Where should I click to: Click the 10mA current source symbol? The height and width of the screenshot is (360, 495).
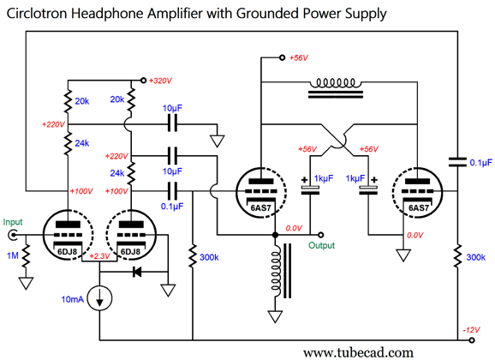click(x=99, y=298)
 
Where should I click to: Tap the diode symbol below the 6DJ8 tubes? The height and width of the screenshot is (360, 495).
click(x=137, y=272)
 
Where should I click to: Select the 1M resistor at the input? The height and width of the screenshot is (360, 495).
click(x=26, y=255)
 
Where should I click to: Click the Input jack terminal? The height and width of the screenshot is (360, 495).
click(x=13, y=235)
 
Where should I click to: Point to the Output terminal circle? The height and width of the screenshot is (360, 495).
click(x=320, y=235)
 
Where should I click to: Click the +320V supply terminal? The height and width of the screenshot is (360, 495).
click(x=143, y=81)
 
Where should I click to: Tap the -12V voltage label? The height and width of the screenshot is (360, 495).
click(x=471, y=330)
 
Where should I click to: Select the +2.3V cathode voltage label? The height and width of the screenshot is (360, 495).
click(x=99, y=256)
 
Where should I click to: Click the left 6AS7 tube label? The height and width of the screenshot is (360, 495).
click(x=260, y=207)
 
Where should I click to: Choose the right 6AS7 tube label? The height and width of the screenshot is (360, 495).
click(x=419, y=207)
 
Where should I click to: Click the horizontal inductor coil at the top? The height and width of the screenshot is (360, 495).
click(x=336, y=83)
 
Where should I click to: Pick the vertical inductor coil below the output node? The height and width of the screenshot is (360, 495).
click(x=276, y=271)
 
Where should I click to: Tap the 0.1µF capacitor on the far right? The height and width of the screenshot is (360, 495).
click(x=457, y=162)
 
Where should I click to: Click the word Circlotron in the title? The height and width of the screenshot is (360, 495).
click(x=37, y=14)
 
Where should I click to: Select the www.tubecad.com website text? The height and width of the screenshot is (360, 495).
click(x=358, y=352)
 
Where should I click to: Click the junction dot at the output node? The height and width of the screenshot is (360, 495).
click(x=275, y=235)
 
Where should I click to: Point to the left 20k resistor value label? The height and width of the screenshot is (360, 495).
click(x=82, y=101)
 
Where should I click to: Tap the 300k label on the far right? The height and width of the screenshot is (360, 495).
click(x=476, y=257)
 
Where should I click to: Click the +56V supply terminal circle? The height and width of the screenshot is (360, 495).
click(x=282, y=57)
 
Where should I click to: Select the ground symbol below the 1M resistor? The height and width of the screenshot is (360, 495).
click(x=26, y=284)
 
